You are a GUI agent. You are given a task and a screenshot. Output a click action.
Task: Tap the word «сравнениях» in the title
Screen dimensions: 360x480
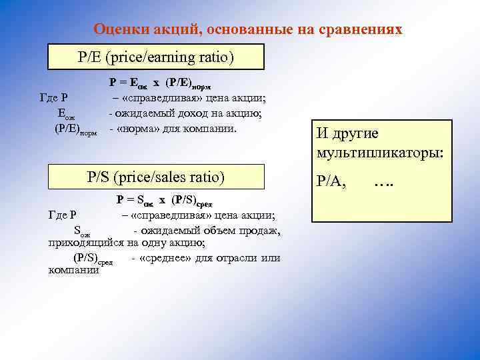364,29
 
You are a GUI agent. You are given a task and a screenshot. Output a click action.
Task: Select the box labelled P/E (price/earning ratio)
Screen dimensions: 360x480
156,57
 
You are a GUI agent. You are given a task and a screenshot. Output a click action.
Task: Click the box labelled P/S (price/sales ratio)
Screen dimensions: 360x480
157,177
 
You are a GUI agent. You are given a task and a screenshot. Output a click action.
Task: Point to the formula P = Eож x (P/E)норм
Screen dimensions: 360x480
164,84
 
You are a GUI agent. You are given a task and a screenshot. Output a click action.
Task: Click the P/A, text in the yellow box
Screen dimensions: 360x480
331,180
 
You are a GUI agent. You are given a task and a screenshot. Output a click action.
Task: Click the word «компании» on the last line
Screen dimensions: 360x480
74,270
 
